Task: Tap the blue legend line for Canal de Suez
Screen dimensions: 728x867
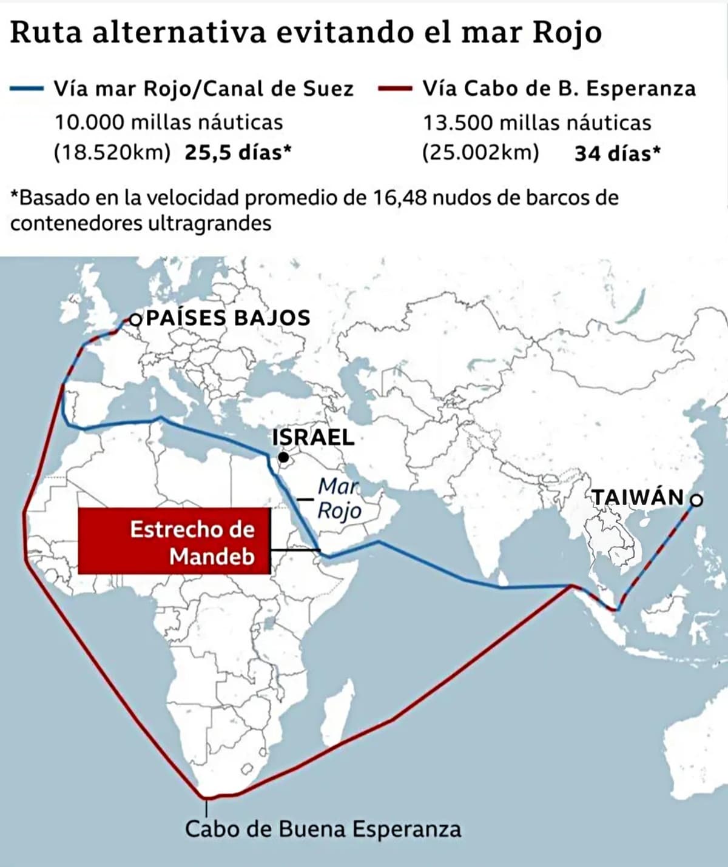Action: (x=26, y=89)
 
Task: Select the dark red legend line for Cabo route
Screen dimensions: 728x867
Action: (x=395, y=89)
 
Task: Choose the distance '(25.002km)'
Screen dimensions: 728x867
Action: (x=480, y=152)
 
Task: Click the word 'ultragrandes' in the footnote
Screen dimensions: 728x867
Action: (x=209, y=223)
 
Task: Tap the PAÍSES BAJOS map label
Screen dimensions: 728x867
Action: (x=228, y=318)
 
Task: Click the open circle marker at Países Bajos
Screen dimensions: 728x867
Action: (x=135, y=319)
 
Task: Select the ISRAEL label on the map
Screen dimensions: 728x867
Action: (x=313, y=437)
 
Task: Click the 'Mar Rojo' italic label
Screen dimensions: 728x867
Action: (x=339, y=498)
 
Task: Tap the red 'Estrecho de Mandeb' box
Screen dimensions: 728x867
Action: (x=174, y=541)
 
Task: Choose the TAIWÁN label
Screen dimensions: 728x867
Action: (x=638, y=497)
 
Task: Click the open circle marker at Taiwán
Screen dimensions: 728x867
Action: (x=696, y=500)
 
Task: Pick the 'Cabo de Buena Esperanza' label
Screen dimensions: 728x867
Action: (x=323, y=829)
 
